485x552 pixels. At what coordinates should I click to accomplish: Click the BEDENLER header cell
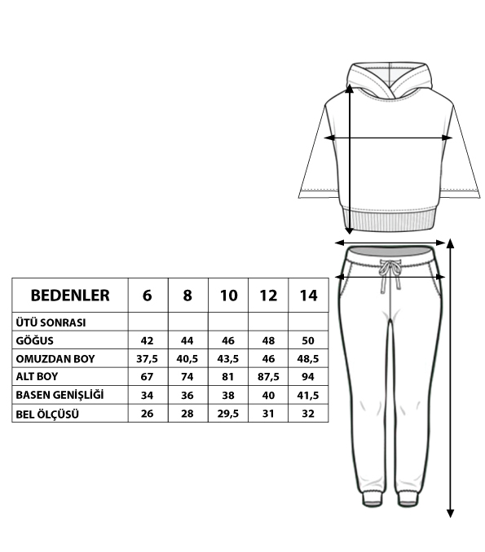[70, 296]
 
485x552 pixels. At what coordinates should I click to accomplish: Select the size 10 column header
[228, 296]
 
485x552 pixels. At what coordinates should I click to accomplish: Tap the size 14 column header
[308, 296]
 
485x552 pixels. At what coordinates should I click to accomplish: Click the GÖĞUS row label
[34, 340]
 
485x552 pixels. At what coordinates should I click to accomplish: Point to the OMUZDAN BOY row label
[55, 359]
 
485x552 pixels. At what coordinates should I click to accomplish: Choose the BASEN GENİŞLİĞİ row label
[60, 395]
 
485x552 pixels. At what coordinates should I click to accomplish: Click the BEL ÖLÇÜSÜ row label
[47, 414]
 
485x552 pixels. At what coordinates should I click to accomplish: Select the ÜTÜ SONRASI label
[51, 322]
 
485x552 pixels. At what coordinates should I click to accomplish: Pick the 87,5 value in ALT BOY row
[268, 377]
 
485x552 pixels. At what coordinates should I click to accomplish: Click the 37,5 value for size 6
[147, 359]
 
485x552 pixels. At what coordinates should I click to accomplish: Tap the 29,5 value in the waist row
[228, 414]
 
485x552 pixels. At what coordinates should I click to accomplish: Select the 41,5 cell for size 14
[308, 396]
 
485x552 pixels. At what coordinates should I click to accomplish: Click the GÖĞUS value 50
[308, 340]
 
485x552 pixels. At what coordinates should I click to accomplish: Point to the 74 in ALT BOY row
[187, 377]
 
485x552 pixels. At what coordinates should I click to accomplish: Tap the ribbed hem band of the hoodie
[389, 221]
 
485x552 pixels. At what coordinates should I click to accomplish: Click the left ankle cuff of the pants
[372, 497]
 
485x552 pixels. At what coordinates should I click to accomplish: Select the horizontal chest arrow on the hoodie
[388, 138]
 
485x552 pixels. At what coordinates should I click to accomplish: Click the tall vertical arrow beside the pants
[450, 378]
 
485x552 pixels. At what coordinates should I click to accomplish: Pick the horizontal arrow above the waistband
[390, 243]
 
